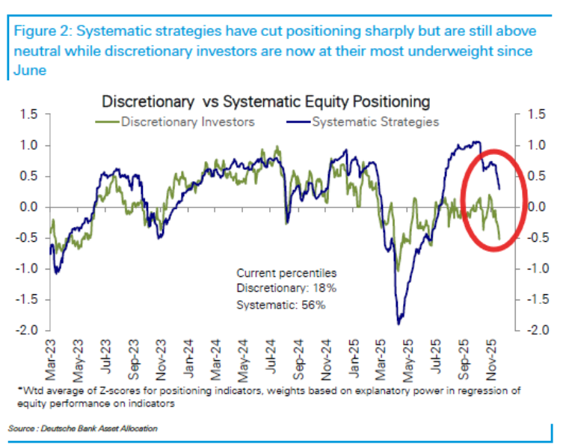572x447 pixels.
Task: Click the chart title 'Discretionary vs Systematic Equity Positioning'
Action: tap(265, 100)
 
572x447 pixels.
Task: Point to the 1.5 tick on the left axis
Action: tap(28, 115)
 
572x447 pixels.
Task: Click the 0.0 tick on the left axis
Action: tap(28, 207)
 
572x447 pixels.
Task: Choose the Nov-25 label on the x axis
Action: tap(494, 357)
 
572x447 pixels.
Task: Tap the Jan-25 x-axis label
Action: tap(357, 357)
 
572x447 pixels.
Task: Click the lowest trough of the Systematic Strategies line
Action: tap(399, 323)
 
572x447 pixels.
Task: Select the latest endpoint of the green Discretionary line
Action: tap(499, 238)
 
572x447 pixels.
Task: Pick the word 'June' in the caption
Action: tap(28, 70)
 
